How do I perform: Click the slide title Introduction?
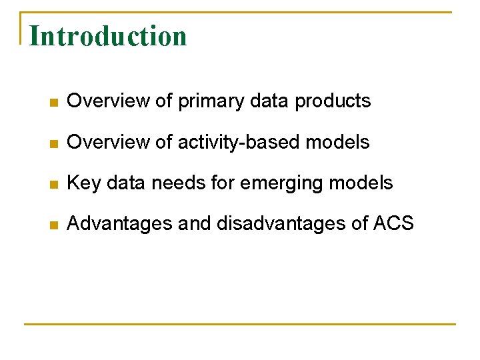click(x=108, y=36)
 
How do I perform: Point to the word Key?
click(x=83, y=183)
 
